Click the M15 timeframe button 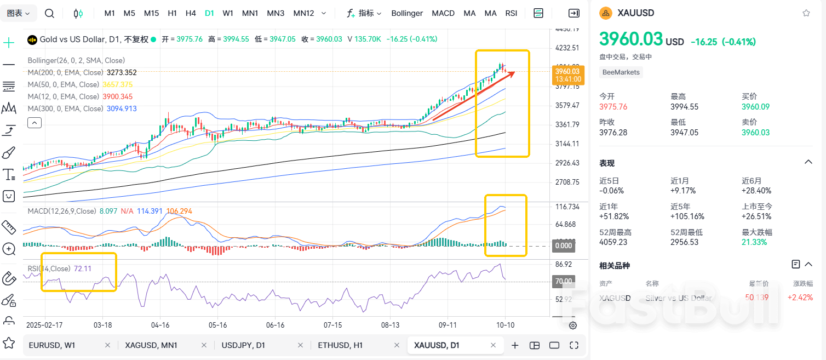[x=151, y=13]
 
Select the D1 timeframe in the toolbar [x=209, y=13]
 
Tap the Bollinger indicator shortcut [x=407, y=13]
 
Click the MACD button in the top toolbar [x=443, y=13]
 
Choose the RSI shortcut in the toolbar [x=511, y=13]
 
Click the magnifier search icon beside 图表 [x=49, y=13]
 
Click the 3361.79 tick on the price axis [x=567, y=124]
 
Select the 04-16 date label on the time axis [x=160, y=325]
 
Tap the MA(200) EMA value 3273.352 [x=122, y=72]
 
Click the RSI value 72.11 [x=82, y=268]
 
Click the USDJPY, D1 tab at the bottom [x=243, y=345]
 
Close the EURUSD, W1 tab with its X [x=107, y=345]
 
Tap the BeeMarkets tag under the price [x=621, y=72]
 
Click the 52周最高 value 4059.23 [x=613, y=242]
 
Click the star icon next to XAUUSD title [x=806, y=13]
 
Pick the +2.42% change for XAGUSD [x=800, y=298]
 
